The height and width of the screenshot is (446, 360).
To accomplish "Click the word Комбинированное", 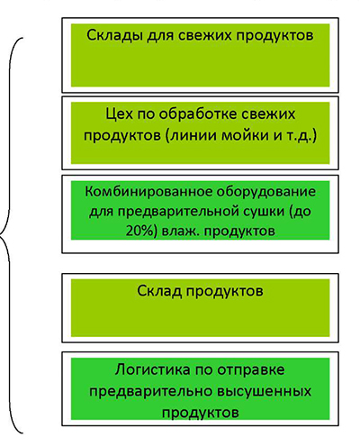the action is (x=147, y=191).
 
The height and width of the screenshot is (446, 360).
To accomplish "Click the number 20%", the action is (x=140, y=231).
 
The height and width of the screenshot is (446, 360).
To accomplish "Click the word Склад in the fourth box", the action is (x=159, y=291).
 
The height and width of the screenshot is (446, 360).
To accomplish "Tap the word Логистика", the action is (x=152, y=369).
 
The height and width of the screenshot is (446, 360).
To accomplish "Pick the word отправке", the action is (x=250, y=370).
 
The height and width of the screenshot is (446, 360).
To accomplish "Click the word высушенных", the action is (x=264, y=391).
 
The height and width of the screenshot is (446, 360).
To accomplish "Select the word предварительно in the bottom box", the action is (x=150, y=391).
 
